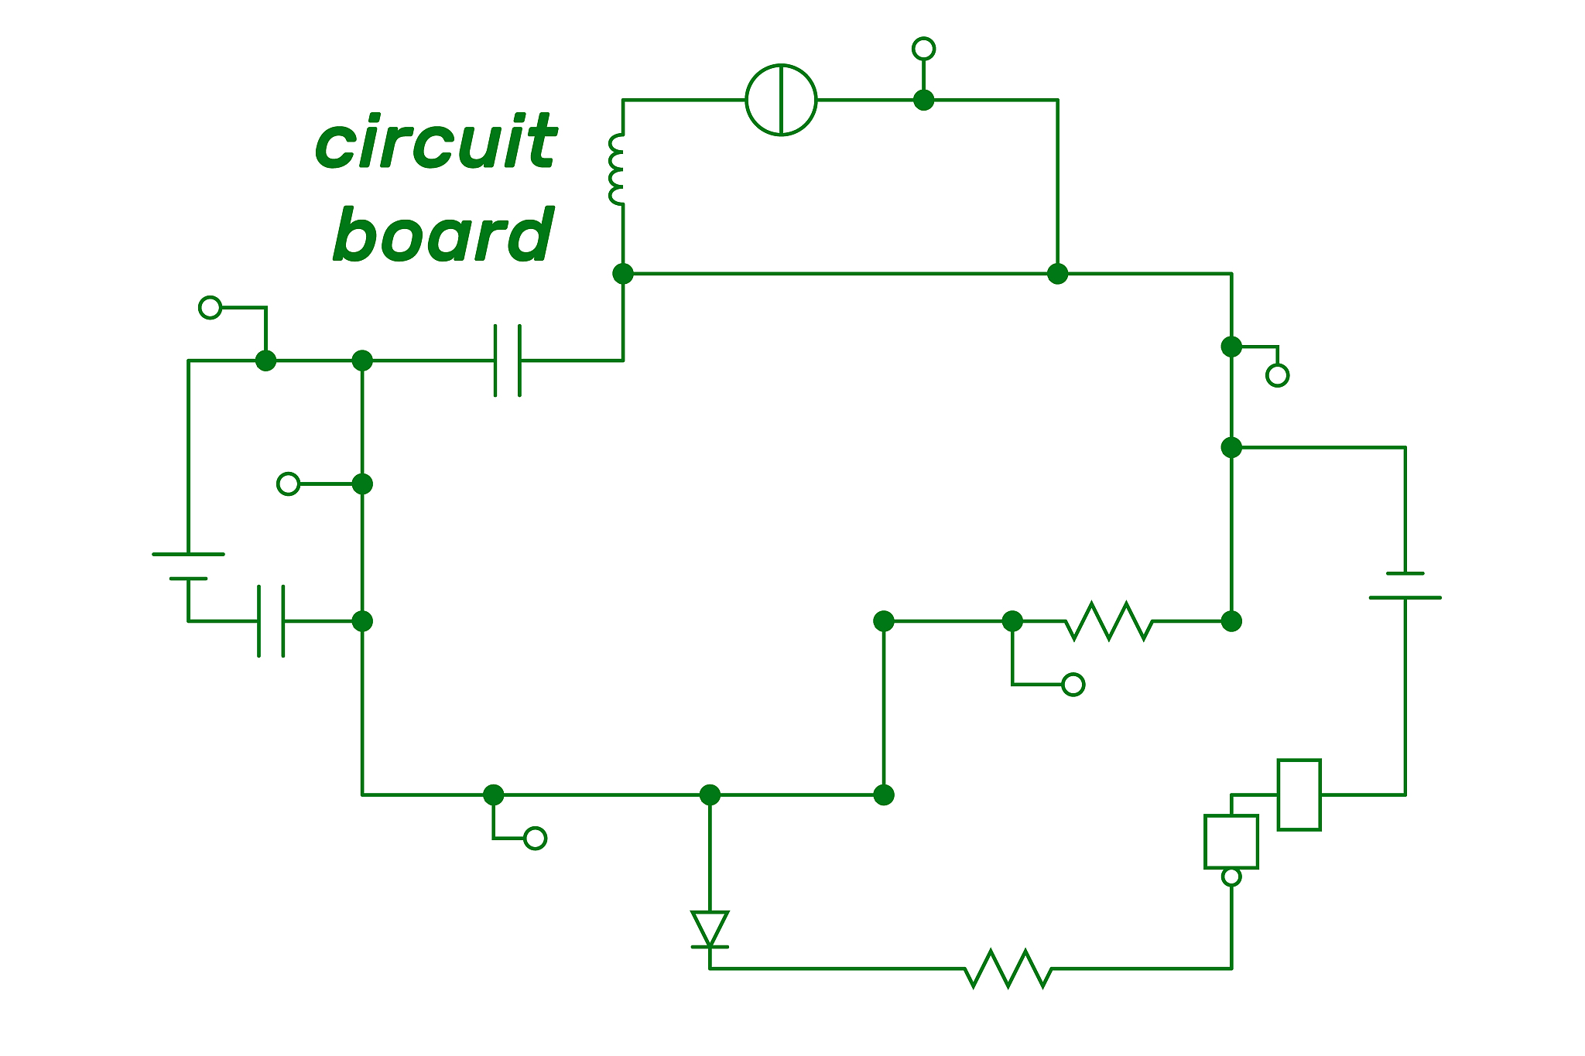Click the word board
[444, 235]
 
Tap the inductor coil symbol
[618, 170]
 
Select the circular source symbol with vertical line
[781, 100]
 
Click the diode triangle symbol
[710, 929]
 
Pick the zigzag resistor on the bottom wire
[1008, 969]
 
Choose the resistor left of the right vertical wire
[1109, 621]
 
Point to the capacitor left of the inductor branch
[508, 361]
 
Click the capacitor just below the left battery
[271, 621]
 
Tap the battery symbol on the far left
[188, 566]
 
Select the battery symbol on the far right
[1405, 586]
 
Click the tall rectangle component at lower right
[1299, 795]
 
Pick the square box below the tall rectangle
[1231, 841]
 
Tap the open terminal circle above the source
[923, 49]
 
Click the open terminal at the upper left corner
[210, 307]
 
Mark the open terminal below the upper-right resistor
[1073, 685]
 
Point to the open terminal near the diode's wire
[535, 839]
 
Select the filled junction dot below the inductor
[623, 274]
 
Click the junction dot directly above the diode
[710, 795]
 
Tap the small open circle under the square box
[1231, 877]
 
